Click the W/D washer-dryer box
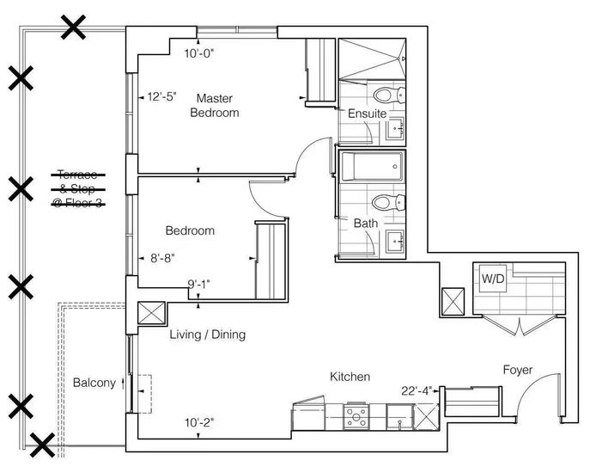tap(493, 279)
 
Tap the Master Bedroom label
tap(215, 106)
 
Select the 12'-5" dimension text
tap(162, 96)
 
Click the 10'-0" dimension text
tap(199, 53)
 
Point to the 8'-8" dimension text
tap(162, 258)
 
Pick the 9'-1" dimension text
tap(198, 284)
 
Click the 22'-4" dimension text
tap(417, 390)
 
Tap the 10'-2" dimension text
tap(199, 422)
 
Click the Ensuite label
tap(367, 114)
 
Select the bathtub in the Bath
tap(372, 167)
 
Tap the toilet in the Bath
tap(388, 202)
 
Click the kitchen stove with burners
tap(356, 417)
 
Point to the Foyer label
tap(518, 370)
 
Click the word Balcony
tap(94, 383)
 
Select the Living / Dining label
tap(208, 335)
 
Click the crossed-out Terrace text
tap(78, 175)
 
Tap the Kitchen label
tap(350, 377)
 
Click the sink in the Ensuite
tap(395, 129)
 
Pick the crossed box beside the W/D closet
tap(453, 301)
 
